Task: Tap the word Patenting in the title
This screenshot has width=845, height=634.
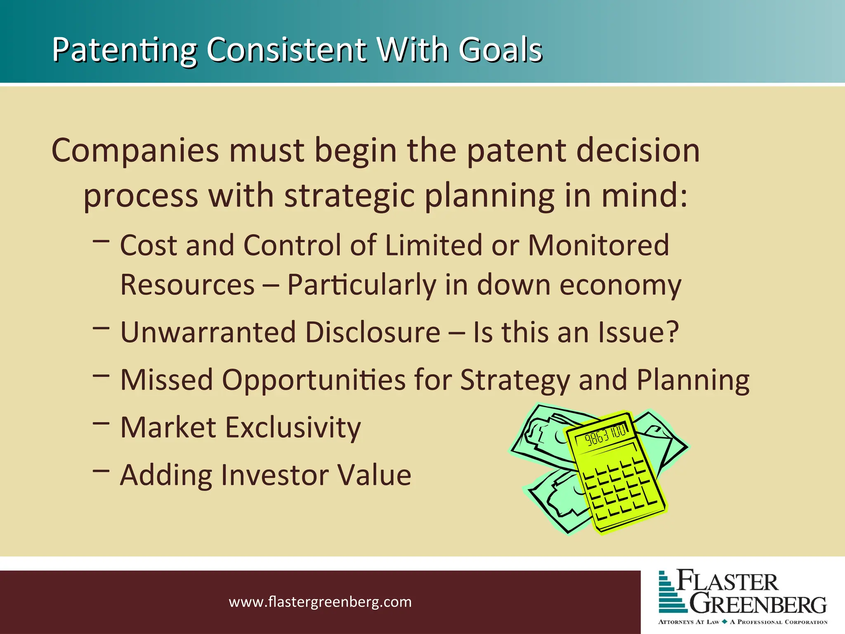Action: tap(124, 50)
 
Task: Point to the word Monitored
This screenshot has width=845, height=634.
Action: tap(598, 245)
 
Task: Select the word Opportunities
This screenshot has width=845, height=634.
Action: tap(314, 380)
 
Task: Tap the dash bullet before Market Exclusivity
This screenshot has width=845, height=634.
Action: tap(101, 423)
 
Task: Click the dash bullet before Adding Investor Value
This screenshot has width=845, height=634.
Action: tap(101, 471)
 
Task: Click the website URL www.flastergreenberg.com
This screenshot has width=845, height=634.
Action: tap(320, 602)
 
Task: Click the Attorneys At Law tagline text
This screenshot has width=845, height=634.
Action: tap(689, 622)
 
